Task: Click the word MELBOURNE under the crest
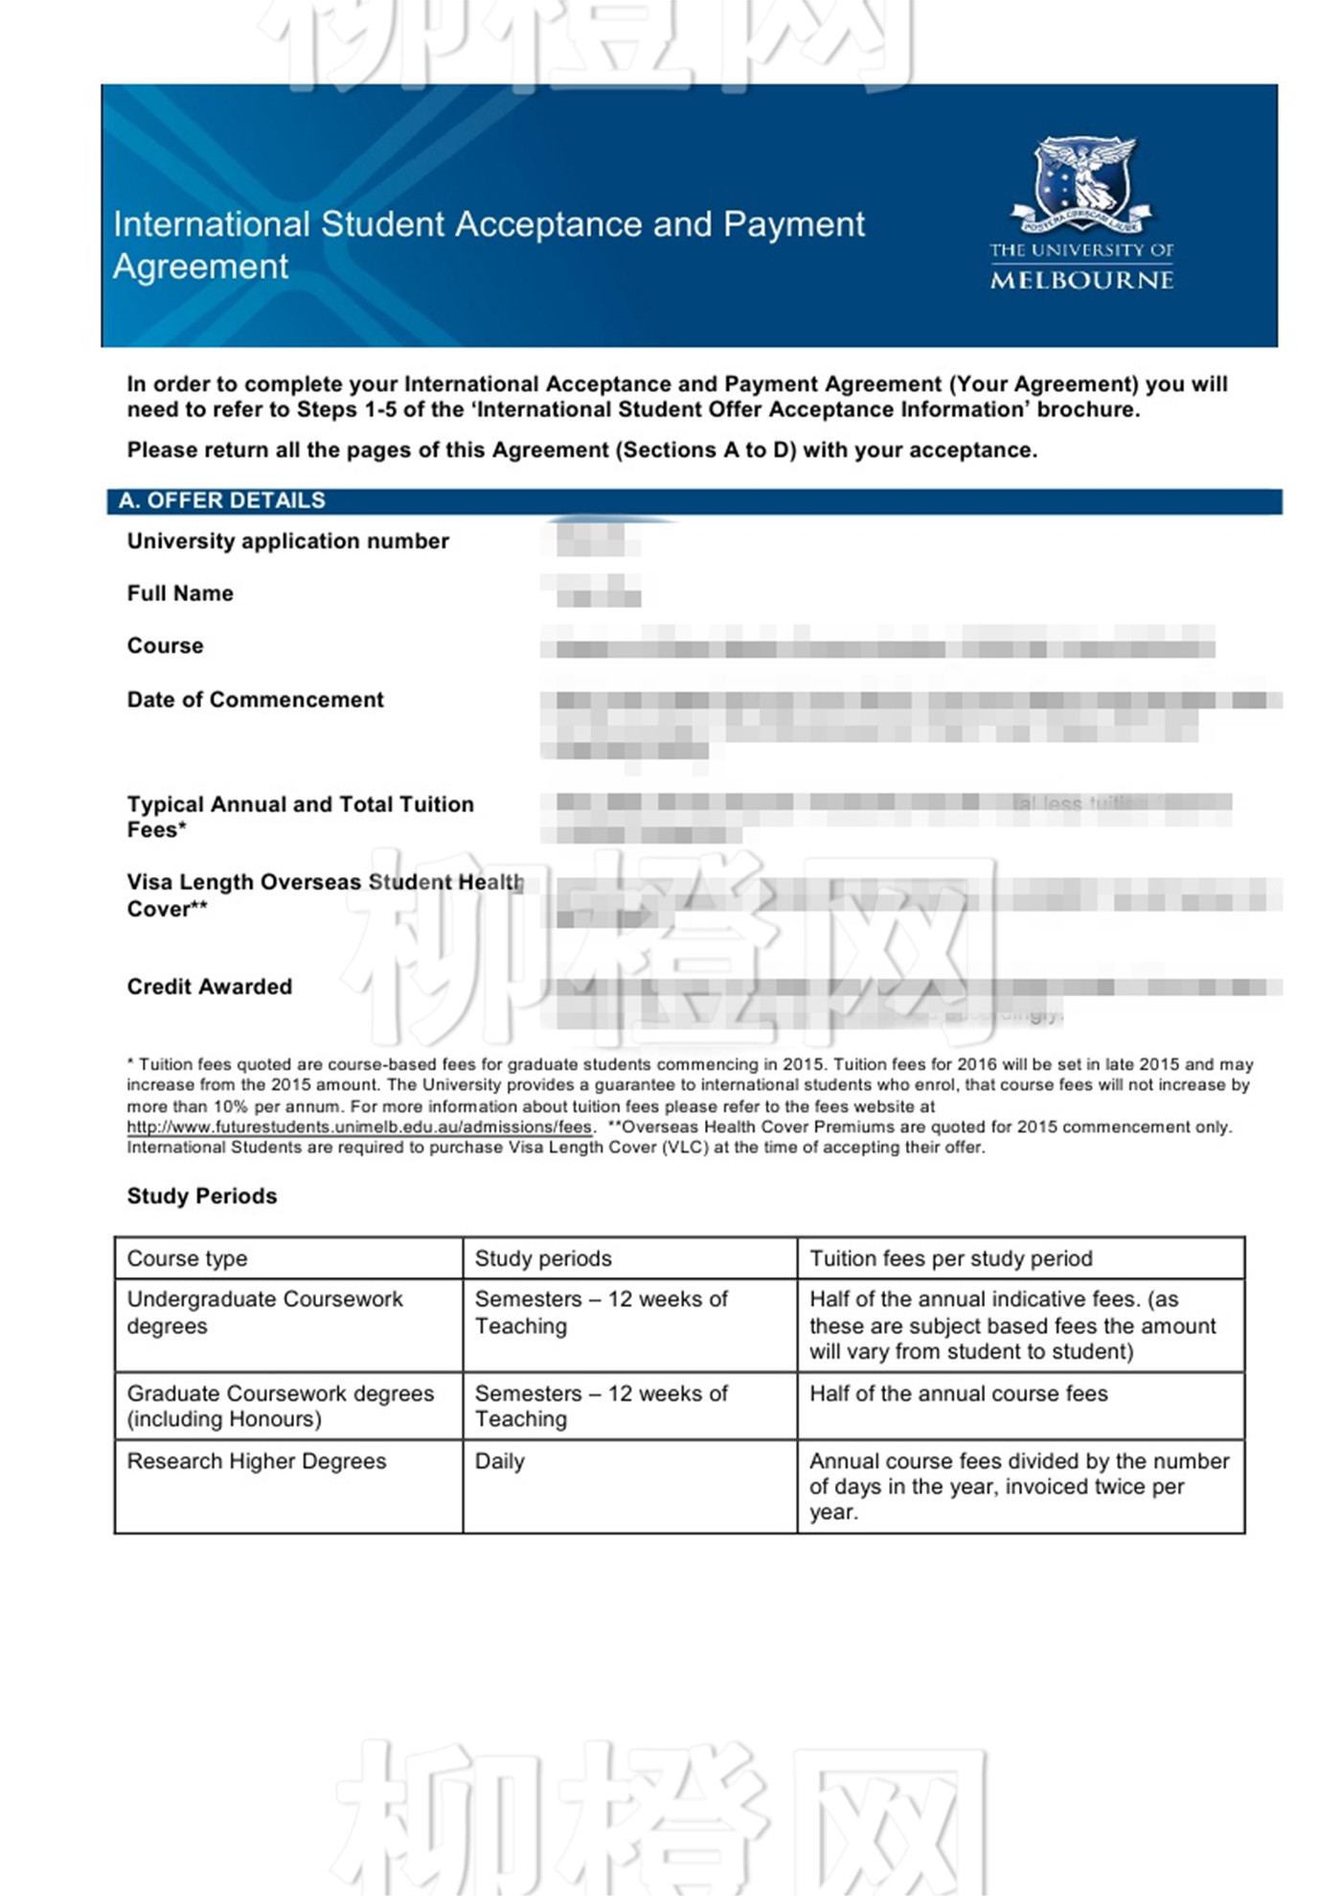coord(1081,281)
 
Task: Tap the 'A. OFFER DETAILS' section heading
coord(221,501)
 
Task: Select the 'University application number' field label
coord(287,541)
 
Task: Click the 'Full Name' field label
coord(180,594)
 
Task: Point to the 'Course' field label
coord(165,646)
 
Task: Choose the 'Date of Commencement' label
coord(255,700)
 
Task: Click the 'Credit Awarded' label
coord(209,987)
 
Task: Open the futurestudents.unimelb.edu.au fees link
coord(359,1127)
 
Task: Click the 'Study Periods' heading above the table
coord(201,1196)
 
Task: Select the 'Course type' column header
coord(187,1258)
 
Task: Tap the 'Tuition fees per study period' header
coord(950,1258)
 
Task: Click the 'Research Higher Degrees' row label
coord(256,1461)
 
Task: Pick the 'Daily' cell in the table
coord(499,1461)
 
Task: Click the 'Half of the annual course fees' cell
coord(958,1393)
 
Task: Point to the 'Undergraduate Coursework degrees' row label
coord(264,1312)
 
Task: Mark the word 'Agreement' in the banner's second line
coord(200,266)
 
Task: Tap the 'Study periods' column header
coord(542,1258)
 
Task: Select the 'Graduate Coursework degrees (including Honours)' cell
coord(280,1406)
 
